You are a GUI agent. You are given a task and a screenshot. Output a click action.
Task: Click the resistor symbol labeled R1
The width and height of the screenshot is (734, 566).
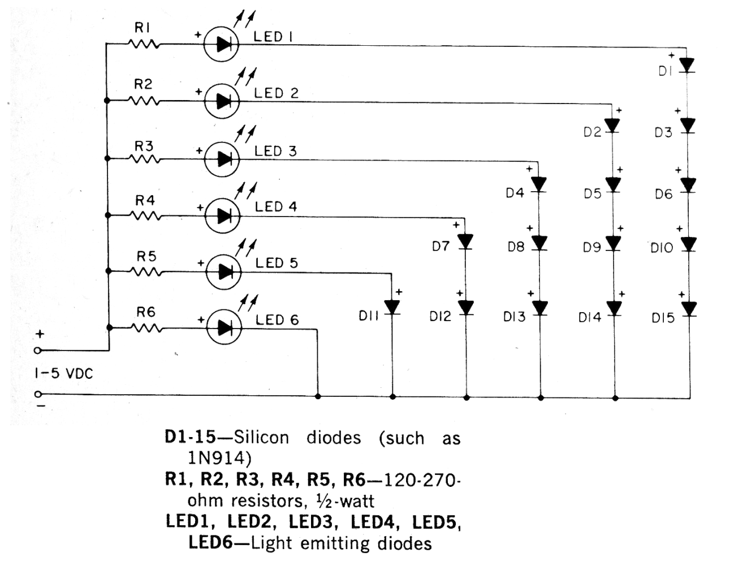[x=143, y=44]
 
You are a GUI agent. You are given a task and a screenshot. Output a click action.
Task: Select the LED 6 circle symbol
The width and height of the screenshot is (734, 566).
[x=224, y=327]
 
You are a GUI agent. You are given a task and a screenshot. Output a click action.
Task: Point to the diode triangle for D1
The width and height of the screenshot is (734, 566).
[x=686, y=65]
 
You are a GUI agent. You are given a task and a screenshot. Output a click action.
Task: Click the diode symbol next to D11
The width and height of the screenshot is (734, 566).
[x=392, y=308]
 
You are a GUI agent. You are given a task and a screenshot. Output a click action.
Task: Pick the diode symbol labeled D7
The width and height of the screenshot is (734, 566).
[x=465, y=242]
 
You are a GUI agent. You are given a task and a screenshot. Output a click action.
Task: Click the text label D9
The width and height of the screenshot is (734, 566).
[x=592, y=248]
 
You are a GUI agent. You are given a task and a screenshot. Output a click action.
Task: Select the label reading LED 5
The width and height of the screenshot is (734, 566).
[x=277, y=263]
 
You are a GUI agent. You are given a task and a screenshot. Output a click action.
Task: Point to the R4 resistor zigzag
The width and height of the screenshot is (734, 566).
[x=145, y=215]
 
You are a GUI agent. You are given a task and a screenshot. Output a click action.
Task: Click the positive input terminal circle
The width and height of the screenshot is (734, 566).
[x=38, y=351]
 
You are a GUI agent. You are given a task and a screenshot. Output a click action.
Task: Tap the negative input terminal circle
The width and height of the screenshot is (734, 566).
[x=38, y=394]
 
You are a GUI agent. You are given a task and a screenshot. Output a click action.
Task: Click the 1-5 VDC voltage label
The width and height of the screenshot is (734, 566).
[x=63, y=374]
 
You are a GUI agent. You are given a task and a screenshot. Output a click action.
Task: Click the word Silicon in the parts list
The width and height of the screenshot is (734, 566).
[x=261, y=438]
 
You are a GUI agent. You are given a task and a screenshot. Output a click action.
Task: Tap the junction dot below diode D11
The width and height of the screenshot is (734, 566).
[x=392, y=397]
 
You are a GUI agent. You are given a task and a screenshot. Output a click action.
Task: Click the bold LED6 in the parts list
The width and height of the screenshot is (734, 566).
[x=211, y=543]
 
